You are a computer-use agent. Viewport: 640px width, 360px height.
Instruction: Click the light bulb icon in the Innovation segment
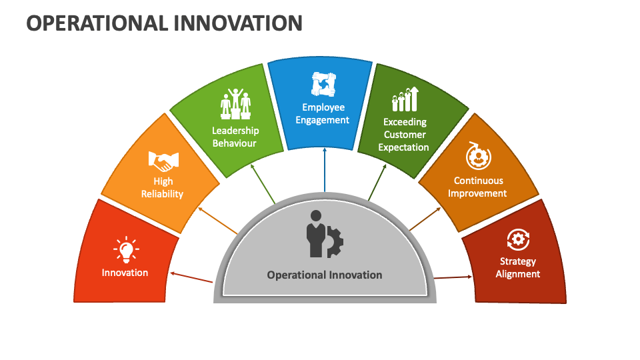coord(125,249)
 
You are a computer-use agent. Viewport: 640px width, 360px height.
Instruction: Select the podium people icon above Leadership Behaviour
coord(235,104)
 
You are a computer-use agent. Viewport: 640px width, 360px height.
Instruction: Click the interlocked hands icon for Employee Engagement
coord(323,84)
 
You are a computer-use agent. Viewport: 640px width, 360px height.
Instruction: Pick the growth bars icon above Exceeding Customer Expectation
coord(405,99)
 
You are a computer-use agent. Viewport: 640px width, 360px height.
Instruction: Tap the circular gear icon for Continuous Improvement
coord(478,157)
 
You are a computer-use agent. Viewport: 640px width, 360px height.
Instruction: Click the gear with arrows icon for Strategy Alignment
coord(517,239)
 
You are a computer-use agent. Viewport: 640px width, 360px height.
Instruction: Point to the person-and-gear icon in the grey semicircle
coord(324,234)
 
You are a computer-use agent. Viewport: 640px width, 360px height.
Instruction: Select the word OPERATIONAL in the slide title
coord(97,23)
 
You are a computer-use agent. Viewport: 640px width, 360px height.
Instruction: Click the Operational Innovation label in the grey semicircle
coord(325,275)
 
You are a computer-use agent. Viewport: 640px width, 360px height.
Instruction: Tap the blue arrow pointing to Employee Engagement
coord(325,171)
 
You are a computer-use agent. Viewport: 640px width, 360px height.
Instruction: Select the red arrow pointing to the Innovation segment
coord(191,277)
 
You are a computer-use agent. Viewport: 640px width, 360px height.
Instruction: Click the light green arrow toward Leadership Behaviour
coord(263,183)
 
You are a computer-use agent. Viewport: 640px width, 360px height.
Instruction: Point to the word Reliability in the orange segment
coord(162,194)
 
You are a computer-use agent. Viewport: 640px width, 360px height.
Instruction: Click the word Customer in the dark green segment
coord(404,135)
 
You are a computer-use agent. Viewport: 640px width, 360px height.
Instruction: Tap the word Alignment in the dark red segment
coord(517,274)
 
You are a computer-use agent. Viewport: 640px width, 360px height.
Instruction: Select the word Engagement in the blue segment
coord(323,120)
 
